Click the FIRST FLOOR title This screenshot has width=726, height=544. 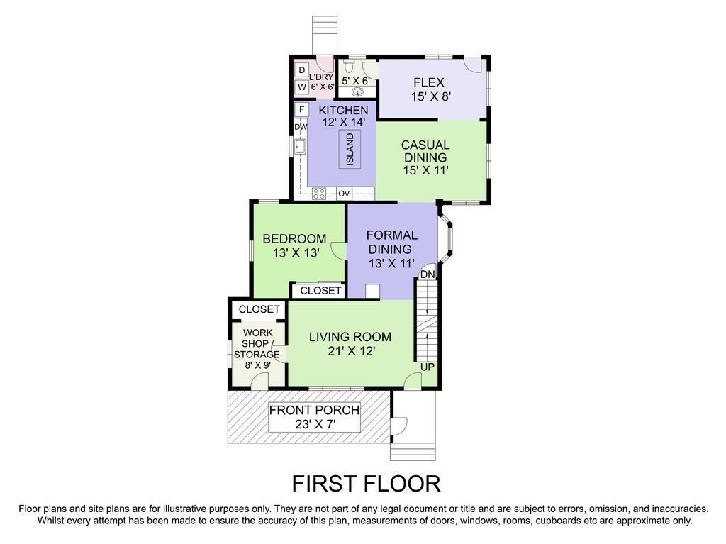[x=366, y=483]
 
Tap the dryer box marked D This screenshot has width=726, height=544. [x=302, y=70]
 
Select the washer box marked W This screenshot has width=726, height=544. [x=302, y=87]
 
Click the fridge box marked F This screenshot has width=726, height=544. [x=301, y=109]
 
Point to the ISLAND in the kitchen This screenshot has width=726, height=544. [x=350, y=149]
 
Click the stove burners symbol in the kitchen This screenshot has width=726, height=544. [x=318, y=193]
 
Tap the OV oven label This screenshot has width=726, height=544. [x=344, y=193]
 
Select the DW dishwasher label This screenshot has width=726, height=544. [x=301, y=126]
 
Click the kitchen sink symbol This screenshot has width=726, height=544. [x=301, y=146]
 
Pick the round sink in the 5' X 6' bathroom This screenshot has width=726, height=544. [x=358, y=91]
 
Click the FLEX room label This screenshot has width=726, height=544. [x=429, y=82]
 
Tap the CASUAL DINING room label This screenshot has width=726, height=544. [x=425, y=151]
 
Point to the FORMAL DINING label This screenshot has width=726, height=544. [x=391, y=242]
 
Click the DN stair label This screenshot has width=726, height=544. [x=428, y=274]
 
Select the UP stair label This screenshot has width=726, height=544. [x=428, y=367]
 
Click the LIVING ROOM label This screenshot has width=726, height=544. [x=350, y=337]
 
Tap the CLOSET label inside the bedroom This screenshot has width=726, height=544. [x=320, y=291]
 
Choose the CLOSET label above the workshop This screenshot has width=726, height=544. [x=259, y=309]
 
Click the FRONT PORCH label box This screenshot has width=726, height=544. [x=314, y=416]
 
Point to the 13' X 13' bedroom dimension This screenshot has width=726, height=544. [x=296, y=253]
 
